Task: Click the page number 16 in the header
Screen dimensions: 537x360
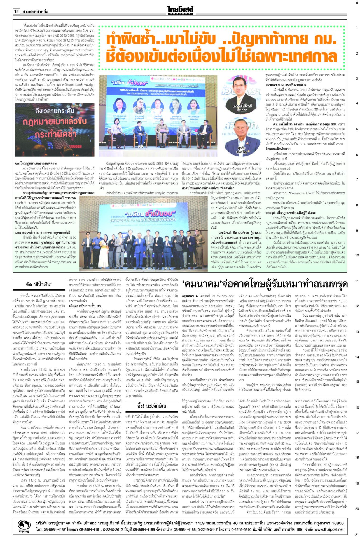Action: [16, 11]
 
